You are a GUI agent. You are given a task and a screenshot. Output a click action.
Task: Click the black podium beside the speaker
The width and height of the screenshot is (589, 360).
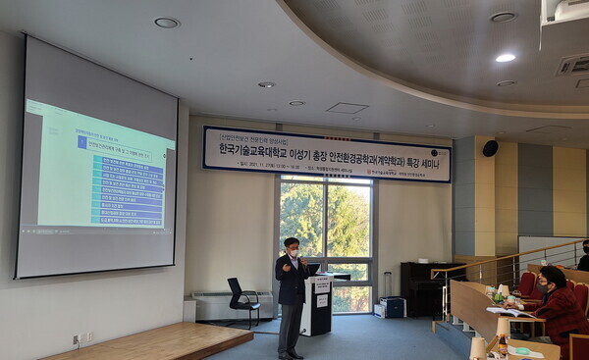[316, 305]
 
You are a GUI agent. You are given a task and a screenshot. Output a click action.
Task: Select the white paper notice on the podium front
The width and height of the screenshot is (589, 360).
[321, 300]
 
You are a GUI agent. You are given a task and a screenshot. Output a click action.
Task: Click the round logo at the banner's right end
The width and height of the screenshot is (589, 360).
[439, 154]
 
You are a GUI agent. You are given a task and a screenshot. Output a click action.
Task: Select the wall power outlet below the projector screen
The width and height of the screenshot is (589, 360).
[77, 339]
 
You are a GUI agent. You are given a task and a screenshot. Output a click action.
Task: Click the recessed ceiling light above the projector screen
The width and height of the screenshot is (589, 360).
[166, 23]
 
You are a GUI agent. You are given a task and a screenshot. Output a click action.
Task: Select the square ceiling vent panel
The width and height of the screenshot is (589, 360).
[347, 108]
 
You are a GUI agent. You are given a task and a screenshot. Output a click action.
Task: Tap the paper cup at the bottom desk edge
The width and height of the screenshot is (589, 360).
[478, 347]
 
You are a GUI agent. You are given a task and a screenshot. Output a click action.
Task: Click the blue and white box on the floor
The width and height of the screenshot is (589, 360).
[391, 307]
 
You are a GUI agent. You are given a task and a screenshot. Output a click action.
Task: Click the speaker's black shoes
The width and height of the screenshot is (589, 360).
[288, 354]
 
